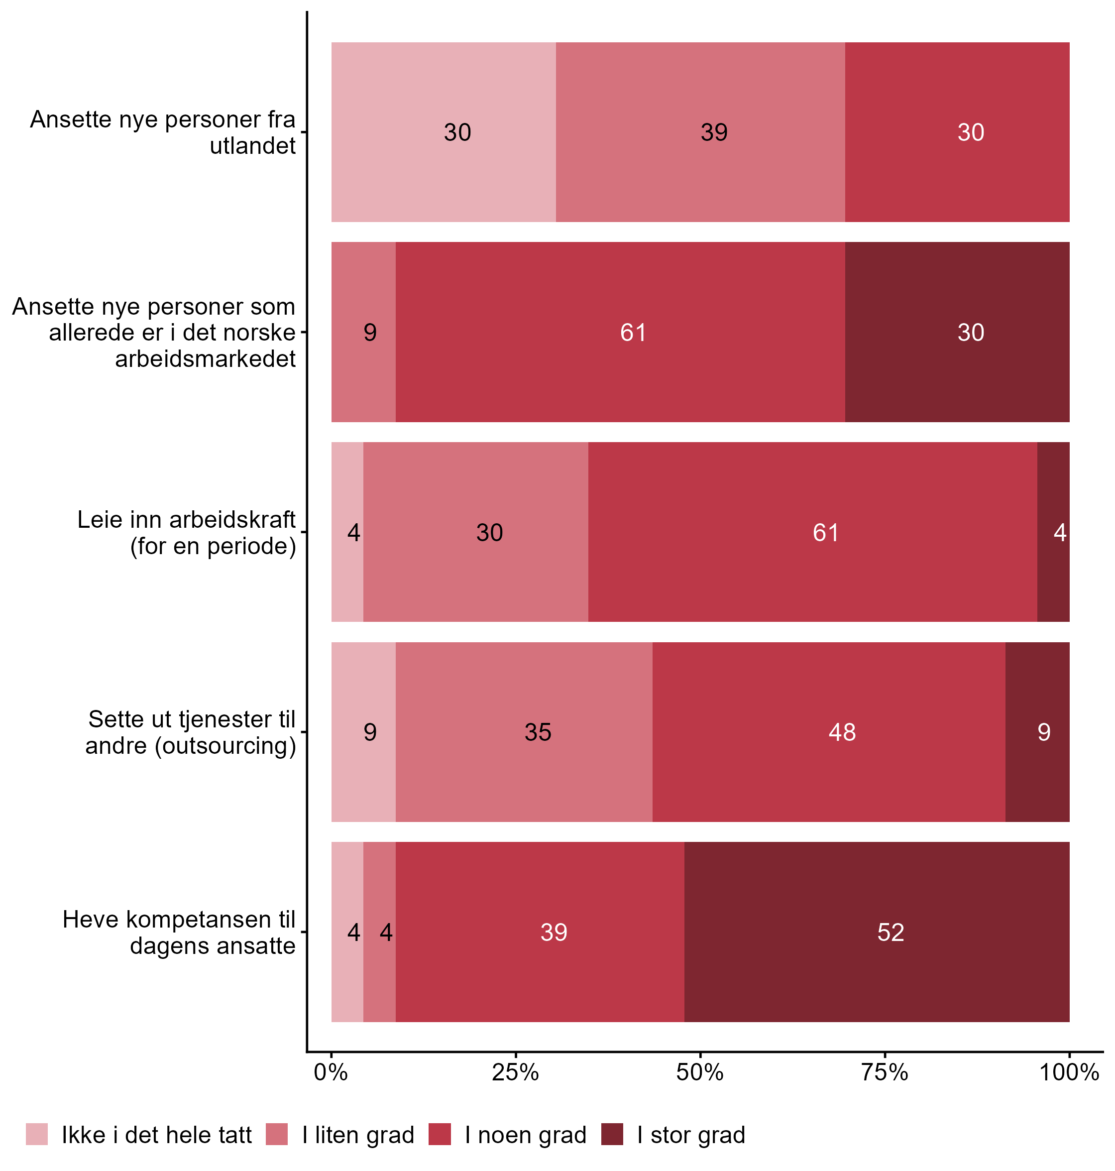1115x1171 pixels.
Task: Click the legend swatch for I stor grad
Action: (x=612, y=1134)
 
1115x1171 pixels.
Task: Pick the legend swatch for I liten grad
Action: (x=276, y=1134)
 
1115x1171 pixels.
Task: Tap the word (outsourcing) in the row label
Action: (x=226, y=745)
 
